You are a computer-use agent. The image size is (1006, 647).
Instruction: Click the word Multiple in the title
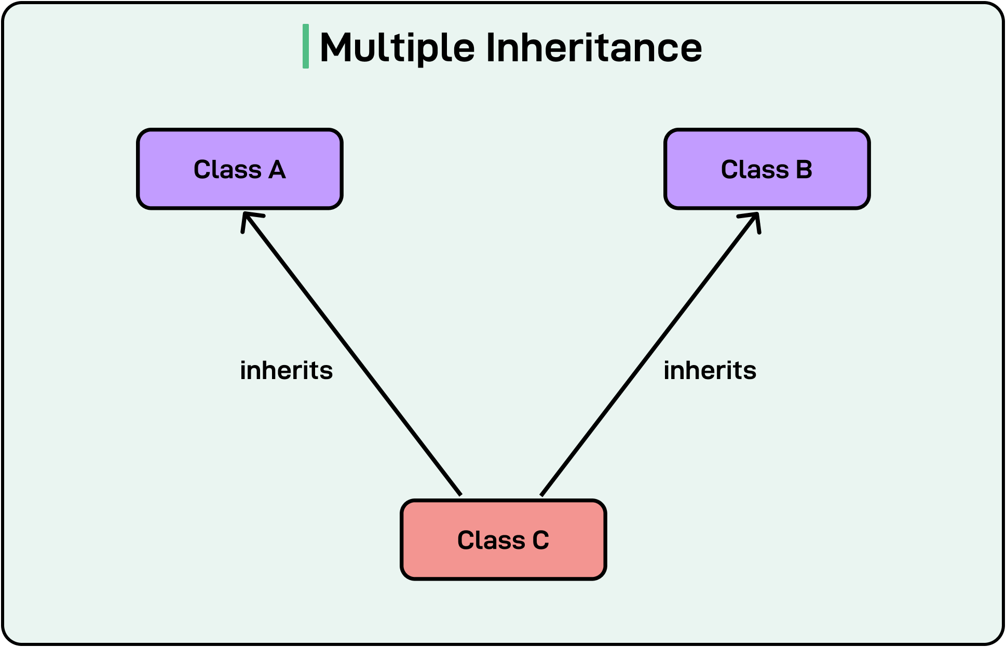(x=397, y=48)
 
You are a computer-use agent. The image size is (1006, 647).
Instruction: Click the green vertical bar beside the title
(x=306, y=46)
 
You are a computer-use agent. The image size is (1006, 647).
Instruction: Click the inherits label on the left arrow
(x=286, y=371)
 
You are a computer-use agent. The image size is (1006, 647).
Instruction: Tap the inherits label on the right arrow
(x=710, y=371)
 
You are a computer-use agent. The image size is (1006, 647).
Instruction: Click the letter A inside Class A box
(x=277, y=170)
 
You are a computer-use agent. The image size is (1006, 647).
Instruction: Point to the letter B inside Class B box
(x=804, y=170)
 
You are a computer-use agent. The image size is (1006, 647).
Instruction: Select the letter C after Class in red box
(x=540, y=541)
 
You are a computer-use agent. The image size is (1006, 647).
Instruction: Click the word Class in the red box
(x=491, y=541)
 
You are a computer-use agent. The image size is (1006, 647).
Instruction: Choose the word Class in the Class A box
(x=227, y=170)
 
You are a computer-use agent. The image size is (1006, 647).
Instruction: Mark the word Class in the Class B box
(x=755, y=170)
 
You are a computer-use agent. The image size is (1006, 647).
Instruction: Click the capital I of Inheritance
(x=491, y=48)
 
